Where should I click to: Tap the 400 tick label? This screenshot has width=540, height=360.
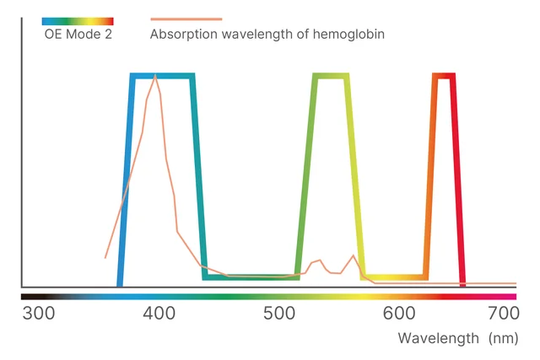pos(159,314)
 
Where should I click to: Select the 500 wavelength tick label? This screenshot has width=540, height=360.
pos(278,314)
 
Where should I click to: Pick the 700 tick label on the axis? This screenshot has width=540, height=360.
pos(503,314)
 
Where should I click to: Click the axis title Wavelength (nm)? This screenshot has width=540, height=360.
pos(458,338)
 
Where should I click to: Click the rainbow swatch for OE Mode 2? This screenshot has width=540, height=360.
pos(78,20)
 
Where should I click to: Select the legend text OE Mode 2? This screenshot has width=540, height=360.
pos(78,35)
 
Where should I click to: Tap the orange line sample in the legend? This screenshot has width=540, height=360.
pos(186,19)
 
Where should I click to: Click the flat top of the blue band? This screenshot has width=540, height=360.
pos(164,76)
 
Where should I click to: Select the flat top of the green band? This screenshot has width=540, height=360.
pos(331,76)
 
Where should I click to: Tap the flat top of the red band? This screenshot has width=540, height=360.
pos(444,76)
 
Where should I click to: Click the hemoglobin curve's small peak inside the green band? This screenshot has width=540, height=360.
pos(319,261)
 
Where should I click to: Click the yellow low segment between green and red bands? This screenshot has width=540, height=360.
pos(395,277)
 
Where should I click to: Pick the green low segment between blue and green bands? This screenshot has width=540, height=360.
pos(251,277)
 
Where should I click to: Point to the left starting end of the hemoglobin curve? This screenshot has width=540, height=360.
pos(105,257)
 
